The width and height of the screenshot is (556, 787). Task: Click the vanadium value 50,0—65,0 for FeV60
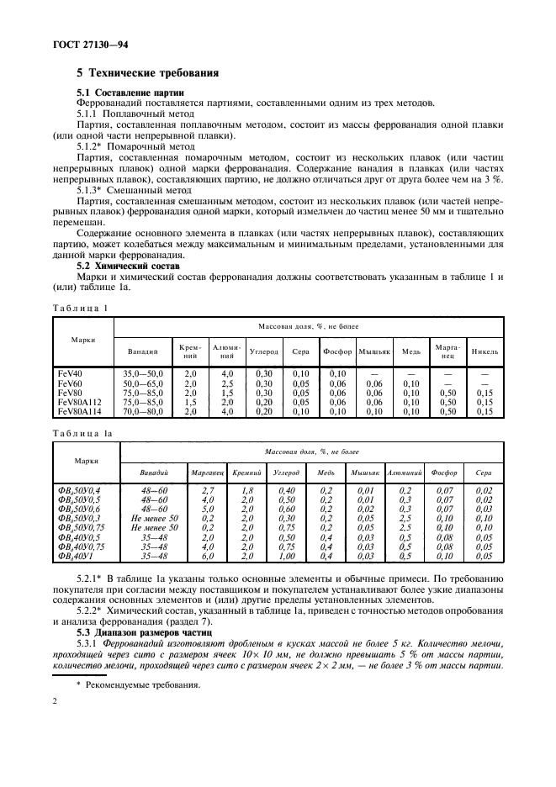coord(143,383)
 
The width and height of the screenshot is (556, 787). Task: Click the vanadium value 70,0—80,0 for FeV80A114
coord(143,413)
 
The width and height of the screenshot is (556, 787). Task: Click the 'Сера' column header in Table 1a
coord(484,473)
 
